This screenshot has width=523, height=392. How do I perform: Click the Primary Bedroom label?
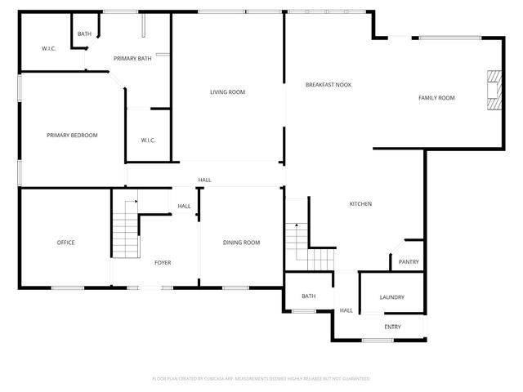[x=72, y=135]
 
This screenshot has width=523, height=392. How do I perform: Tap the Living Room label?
[x=227, y=92]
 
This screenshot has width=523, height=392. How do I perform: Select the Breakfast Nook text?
[x=329, y=85]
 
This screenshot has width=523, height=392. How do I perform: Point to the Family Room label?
[x=436, y=98]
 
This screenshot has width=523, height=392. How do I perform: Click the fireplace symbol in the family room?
[x=493, y=90]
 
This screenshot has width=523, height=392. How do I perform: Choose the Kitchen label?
[x=360, y=203]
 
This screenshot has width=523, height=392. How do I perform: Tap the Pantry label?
[x=409, y=262]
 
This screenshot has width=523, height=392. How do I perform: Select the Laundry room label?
[x=391, y=297]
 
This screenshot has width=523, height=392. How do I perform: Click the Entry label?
[x=392, y=327]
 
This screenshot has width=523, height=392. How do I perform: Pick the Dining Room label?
[x=241, y=243]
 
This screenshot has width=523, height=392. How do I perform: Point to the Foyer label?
[x=163, y=262]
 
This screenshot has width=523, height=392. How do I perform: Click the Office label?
[x=65, y=243]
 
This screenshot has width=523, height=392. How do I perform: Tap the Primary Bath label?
[x=132, y=59]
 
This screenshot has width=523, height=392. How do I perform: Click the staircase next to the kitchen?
[x=298, y=246]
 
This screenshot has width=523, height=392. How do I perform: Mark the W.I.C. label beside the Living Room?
[x=148, y=140]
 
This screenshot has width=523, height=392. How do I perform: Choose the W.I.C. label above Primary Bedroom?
[x=48, y=49]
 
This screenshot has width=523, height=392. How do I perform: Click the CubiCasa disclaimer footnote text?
[x=261, y=379]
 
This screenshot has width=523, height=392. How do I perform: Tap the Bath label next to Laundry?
[x=308, y=296]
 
